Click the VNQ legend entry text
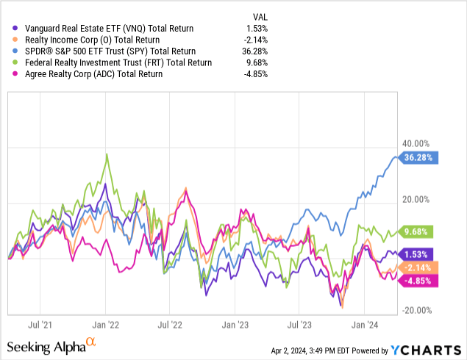tap(109, 28)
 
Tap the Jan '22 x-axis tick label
tap(107, 323)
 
